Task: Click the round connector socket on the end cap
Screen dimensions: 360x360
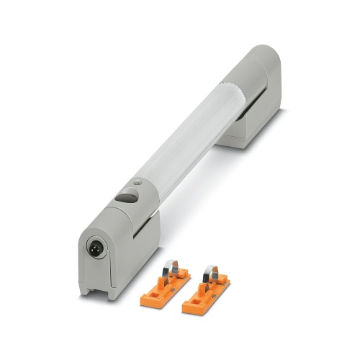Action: [94, 249]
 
